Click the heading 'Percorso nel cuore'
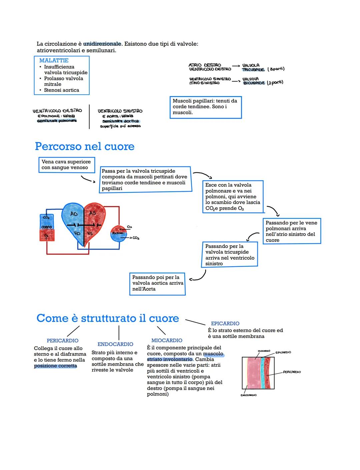click(x=85, y=146)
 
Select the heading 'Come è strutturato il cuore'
click(x=108, y=318)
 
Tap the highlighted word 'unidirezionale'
click(x=102, y=44)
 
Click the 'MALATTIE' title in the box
click(x=54, y=60)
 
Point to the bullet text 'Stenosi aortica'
click(x=61, y=90)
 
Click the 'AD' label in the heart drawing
click(x=74, y=214)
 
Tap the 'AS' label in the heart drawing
click(x=92, y=213)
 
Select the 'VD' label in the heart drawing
click(x=77, y=233)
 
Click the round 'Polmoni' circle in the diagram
click(x=118, y=234)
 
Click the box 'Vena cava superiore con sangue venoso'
click(x=66, y=165)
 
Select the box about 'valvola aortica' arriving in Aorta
click(x=157, y=283)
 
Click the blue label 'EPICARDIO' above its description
click(x=225, y=324)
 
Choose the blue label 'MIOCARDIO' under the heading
click(x=167, y=341)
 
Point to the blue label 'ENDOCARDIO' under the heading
click(x=115, y=344)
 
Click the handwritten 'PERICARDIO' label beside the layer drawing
click(x=292, y=372)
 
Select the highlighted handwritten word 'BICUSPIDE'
click(x=254, y=83)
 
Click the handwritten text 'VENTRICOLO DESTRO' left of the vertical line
click(x=57, y=111)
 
